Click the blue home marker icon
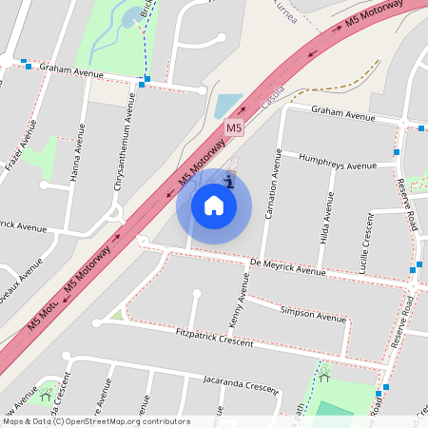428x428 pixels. (214, 204)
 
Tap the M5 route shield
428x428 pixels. (235, 127)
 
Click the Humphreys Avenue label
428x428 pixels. (338, 161)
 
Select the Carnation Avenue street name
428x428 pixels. (270, 185)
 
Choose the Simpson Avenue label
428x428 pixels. (313, 314)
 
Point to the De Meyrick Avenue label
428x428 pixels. (288, 266)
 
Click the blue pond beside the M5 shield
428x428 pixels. (228, 105)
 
